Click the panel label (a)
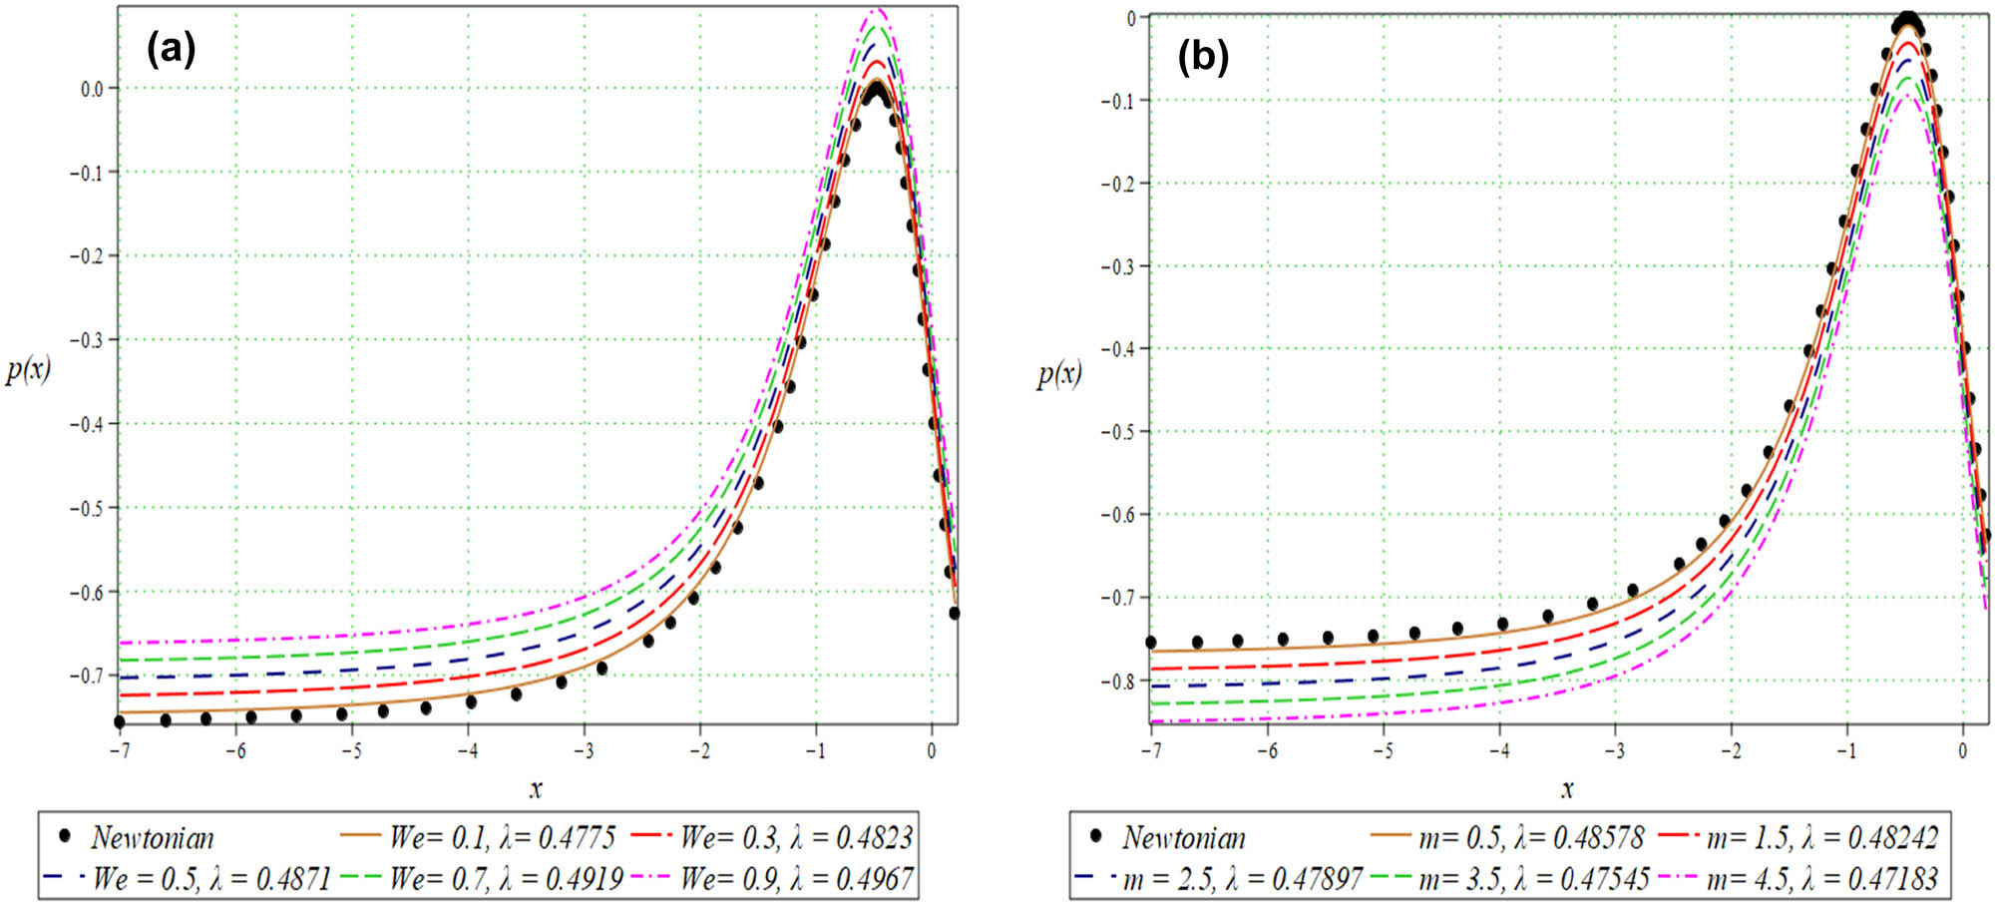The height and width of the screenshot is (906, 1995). pos(171,49)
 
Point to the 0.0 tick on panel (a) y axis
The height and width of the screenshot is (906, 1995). pos(92,89)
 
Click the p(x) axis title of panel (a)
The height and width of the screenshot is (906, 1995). pos(28,370)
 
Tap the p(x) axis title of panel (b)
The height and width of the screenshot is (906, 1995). pos(1058,374)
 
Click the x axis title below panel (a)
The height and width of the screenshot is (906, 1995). pos(536,789)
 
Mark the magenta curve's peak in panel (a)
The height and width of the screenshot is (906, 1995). pos(877,10)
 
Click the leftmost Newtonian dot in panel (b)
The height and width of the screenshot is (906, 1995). pos(1150,643)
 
